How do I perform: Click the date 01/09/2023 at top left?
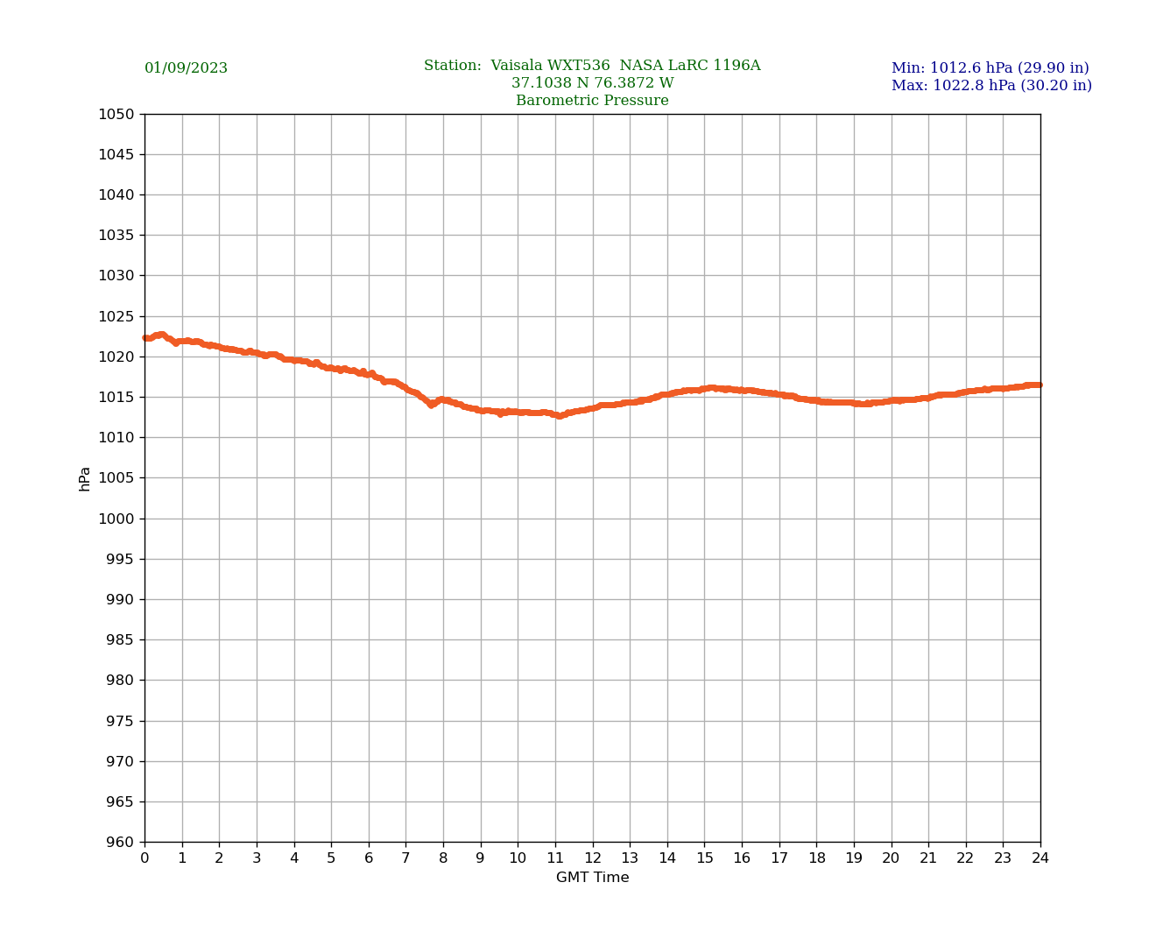click(x=186, y=68)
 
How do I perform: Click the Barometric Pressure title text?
click(x=592, y=101)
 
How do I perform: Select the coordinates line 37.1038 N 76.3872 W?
click(x=592, y=83)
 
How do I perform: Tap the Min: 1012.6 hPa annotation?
click(x=990, y=68)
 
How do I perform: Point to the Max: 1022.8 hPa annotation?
click(x=991, y=86)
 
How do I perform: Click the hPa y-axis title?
click(x=85, y=478)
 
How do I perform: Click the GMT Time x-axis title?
click(x=592, y=878)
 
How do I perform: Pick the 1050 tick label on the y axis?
click(x=116, y=114)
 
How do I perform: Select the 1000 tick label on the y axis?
click(x=116, y=519)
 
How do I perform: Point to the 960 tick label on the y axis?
click(x=120, y=843)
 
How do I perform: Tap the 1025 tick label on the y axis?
click(x=116, y=316)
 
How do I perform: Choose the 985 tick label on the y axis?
click(x=120, y=640)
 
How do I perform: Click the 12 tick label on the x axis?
click(x=593, y=858)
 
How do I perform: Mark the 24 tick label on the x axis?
click(x=1040, y=858)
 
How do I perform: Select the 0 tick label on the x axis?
click(x=144, y=858)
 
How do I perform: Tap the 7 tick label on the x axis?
click(x=405, y=858)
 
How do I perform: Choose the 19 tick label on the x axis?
click(x=854, y=858)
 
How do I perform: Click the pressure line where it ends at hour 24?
click(x=1040, y=385)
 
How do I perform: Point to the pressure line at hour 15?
click(x=705, y=389)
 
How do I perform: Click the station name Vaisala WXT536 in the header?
click(x=550, y=66)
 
